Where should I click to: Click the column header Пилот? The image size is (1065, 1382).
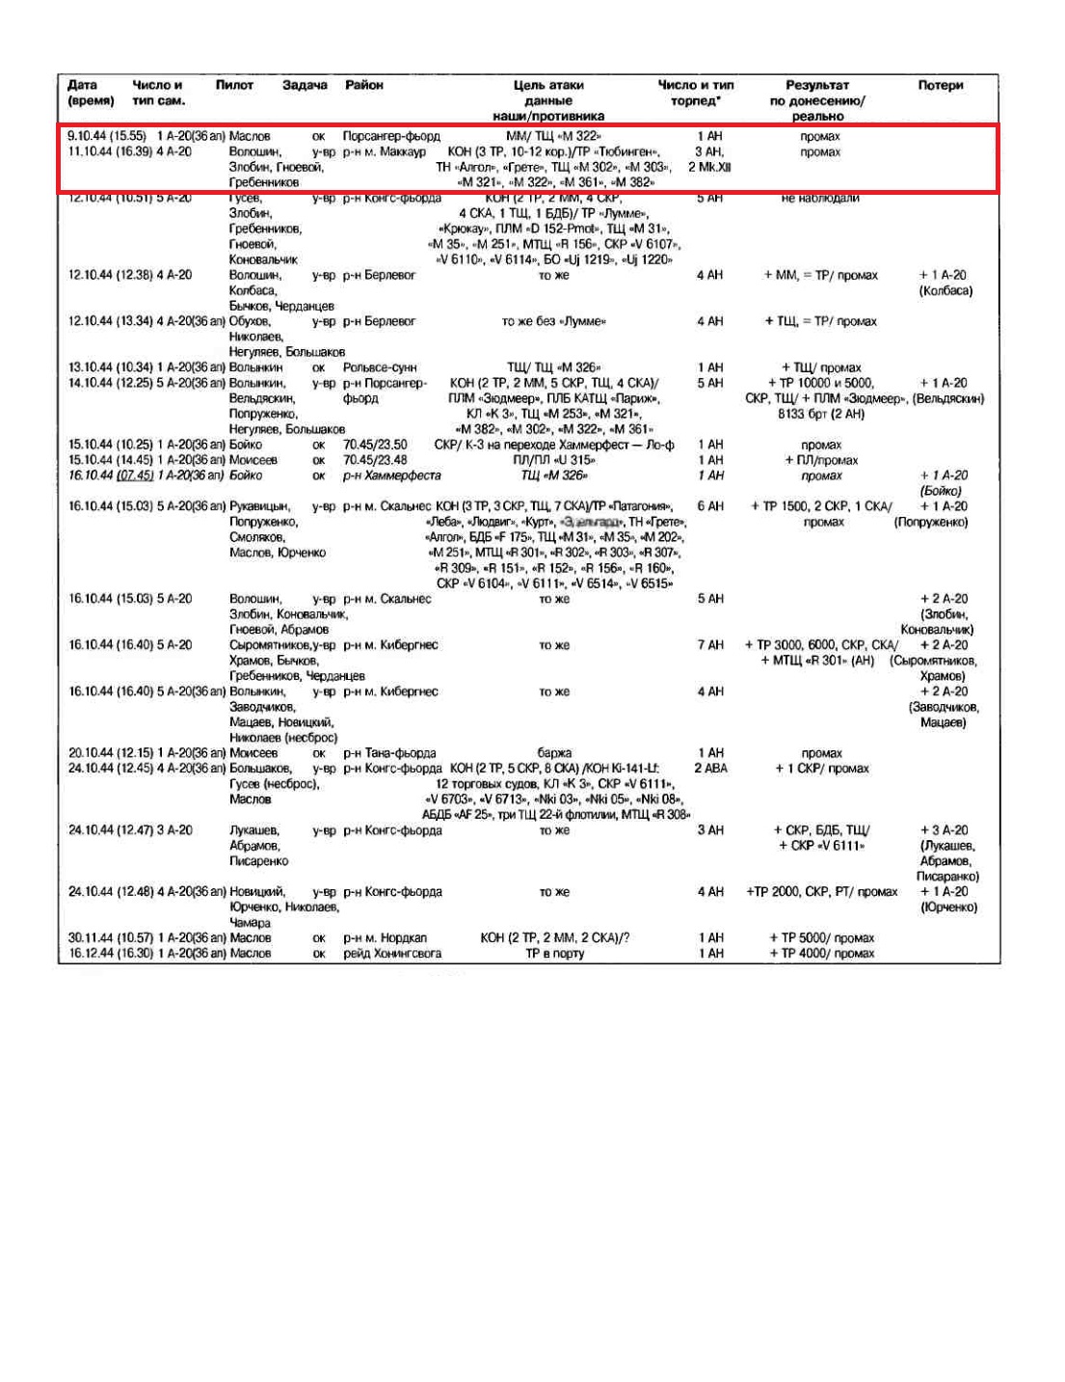point(234,85)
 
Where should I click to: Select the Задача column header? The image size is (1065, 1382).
point(305,85)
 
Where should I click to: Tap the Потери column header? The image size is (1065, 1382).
point(940,85)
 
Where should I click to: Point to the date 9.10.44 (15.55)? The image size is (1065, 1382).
point(107,136)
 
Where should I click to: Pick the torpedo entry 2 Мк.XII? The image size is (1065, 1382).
point(709,167)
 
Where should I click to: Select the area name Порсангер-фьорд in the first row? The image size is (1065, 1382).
point(391,136)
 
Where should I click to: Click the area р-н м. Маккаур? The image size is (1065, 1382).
point(385,151)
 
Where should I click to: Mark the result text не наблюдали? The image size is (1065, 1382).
point(820,198)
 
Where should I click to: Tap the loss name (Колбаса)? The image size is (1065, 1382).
point(945,290)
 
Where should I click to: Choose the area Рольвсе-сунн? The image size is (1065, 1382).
point(380,367)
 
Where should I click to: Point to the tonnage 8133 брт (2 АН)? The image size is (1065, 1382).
point(821,414)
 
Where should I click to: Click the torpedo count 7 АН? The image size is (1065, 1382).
point(710,645)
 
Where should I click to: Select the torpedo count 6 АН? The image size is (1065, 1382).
point(710,506)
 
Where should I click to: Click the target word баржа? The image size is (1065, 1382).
point(554,753)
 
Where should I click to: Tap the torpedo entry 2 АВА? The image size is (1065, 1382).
point(710,769)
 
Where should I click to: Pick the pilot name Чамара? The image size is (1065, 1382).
point(250,923)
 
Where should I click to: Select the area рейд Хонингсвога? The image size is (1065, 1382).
point(392,953)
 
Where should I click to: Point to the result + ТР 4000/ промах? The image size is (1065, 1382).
point(821,953)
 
